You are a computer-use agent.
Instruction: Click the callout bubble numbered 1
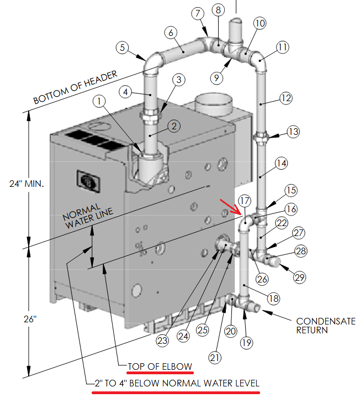pyautogui.click(x=99, y=101)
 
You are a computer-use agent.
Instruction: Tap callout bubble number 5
pyautogui.click(x=123, y=48)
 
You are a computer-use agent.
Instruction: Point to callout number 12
pyautogui.click(x=285, y=98)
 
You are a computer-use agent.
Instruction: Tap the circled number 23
pyautogui.click(x=162, y=341)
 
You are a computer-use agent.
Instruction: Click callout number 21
pyautogui.click(x=216, y=358)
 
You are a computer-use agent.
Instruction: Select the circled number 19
pyautogui.click(x=247, y=342)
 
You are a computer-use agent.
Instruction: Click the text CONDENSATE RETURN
pyautogui.click(x=322, y=326)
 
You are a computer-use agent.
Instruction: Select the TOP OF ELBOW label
pyautogui.click(x=160, y=367)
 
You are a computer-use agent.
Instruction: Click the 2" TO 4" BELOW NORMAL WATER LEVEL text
pyautogui.click(x=176, y=383)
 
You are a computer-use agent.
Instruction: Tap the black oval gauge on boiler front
pyautogui.click(x=87, y=180)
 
